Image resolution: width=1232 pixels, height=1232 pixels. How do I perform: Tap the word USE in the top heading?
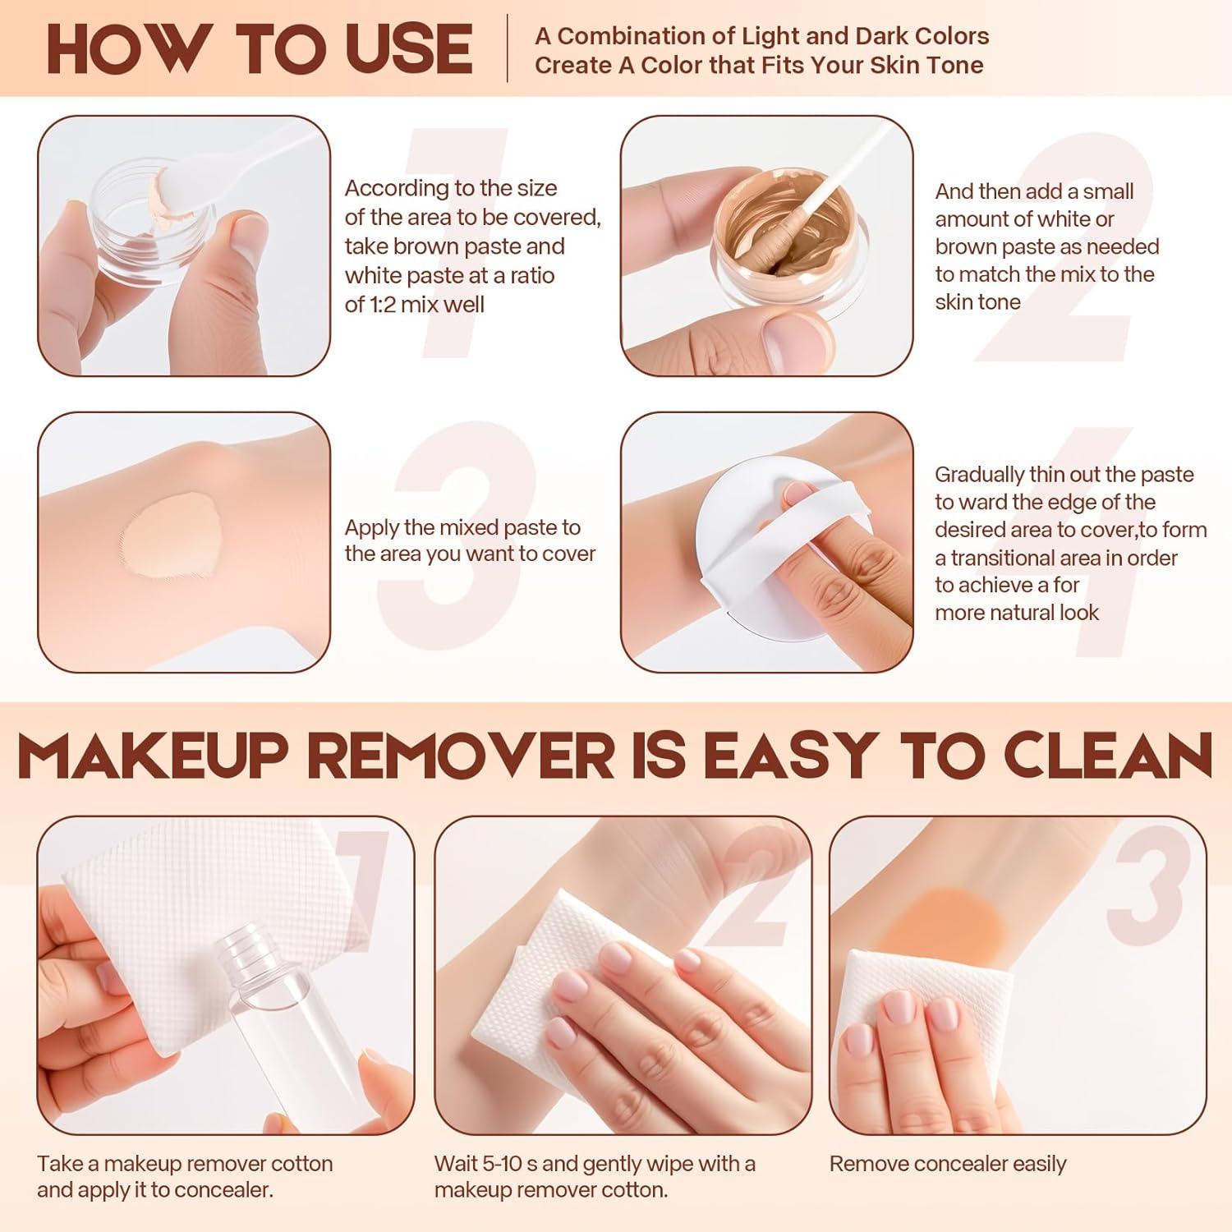406,49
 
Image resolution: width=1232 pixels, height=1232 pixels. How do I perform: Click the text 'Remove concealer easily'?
948,1164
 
